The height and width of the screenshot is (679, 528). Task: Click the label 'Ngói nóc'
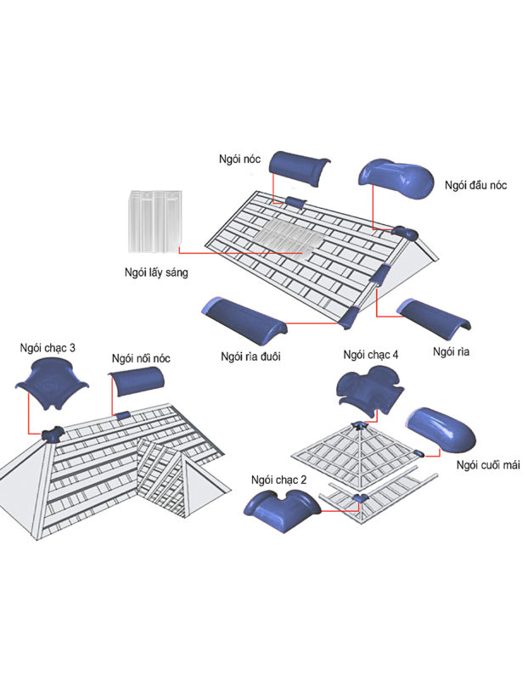coord(239,160)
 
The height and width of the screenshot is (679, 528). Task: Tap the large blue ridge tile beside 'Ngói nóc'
coord(299,168)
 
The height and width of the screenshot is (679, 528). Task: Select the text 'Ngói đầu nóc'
coord(475,185)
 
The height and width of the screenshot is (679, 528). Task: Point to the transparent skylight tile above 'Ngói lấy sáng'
coord(155,222)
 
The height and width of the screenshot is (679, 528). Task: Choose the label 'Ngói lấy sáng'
coord(156,272)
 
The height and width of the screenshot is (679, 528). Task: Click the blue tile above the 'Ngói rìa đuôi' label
coord(244,321)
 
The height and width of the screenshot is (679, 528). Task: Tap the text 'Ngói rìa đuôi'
coord(250,356)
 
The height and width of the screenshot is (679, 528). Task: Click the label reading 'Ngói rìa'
coord(451,351)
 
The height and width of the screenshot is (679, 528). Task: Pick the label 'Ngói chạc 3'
coord(48,348)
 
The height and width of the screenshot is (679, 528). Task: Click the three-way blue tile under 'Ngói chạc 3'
coord(52,386)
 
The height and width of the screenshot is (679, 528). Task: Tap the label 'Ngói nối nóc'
coord(141,358)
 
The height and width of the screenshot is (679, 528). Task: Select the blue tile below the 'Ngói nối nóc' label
coord(137,381)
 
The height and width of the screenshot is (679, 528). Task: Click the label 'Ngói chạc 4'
coord(371,355)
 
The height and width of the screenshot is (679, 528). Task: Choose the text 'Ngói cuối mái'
coord(488,465)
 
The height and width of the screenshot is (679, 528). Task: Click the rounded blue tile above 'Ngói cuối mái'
coord(441,429)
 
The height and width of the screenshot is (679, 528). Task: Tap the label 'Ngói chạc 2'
coord(279,480)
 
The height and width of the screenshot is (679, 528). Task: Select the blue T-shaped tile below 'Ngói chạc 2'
coord(282,512)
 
